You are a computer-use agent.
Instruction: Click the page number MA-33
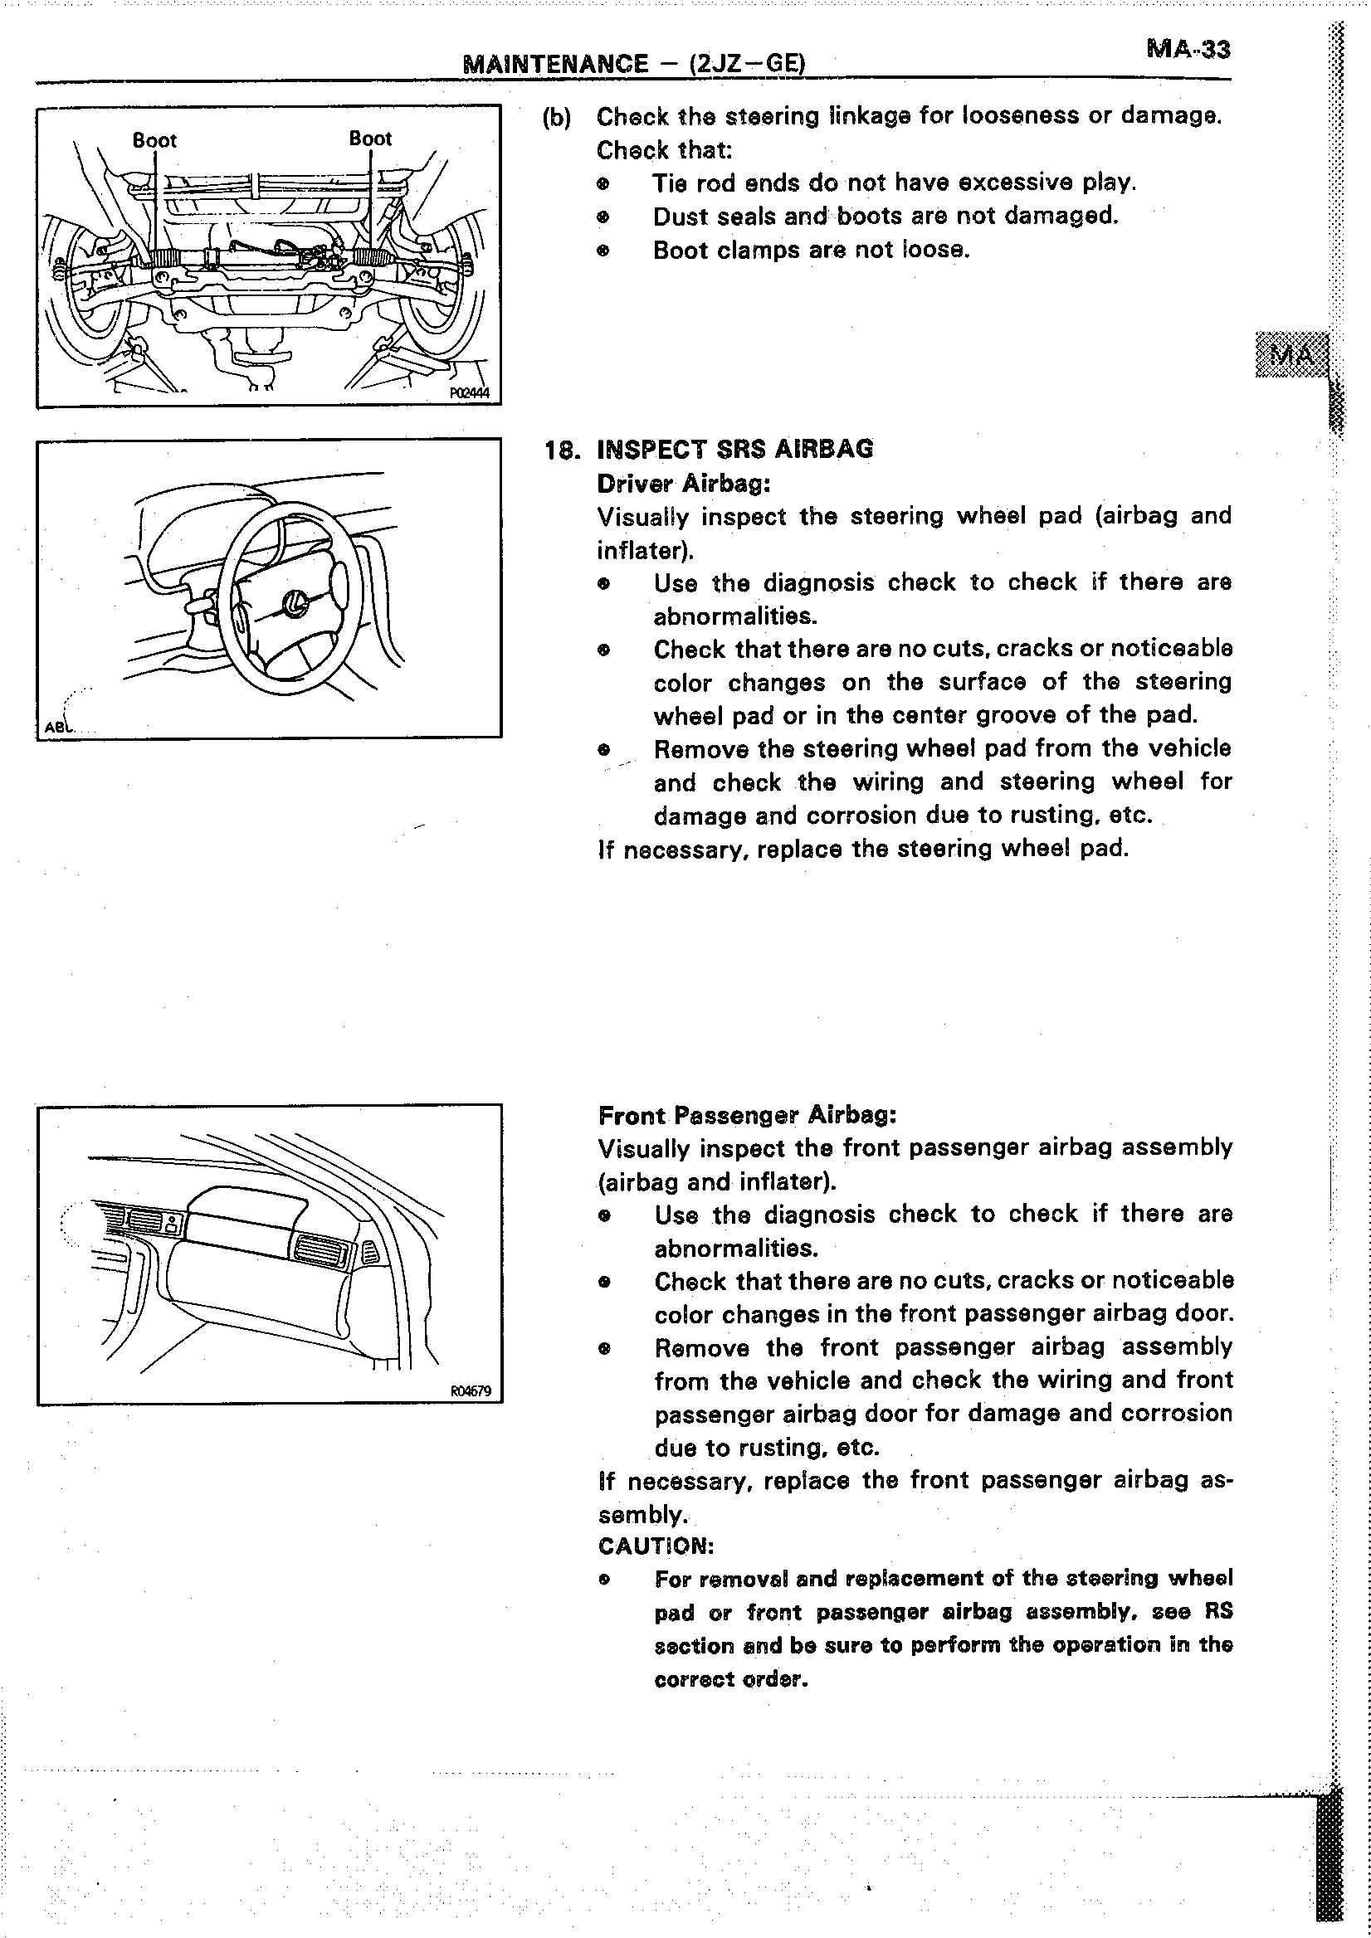1188,50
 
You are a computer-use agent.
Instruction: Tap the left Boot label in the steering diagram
154,140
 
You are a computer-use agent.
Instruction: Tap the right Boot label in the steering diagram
371,139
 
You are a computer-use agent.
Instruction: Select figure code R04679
471,1391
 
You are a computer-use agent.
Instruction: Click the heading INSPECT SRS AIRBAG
734,449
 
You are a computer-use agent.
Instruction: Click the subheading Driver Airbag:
683,484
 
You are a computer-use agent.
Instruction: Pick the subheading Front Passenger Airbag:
746,1116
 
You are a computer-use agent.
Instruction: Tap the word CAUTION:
656,1546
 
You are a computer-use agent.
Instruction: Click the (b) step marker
556,117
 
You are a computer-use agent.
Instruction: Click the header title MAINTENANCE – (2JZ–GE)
634,64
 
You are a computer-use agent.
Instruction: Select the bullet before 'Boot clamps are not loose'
603,251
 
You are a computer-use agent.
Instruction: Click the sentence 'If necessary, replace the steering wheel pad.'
863,849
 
